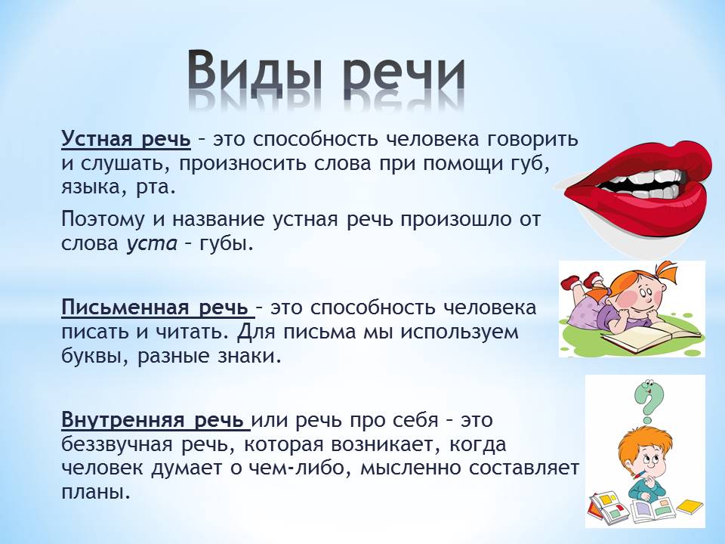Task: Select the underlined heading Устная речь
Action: pos(126,141)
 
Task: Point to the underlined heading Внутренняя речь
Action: pos(155,419)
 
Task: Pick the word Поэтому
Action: pos(105,220)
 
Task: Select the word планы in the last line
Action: pos(94,492)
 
